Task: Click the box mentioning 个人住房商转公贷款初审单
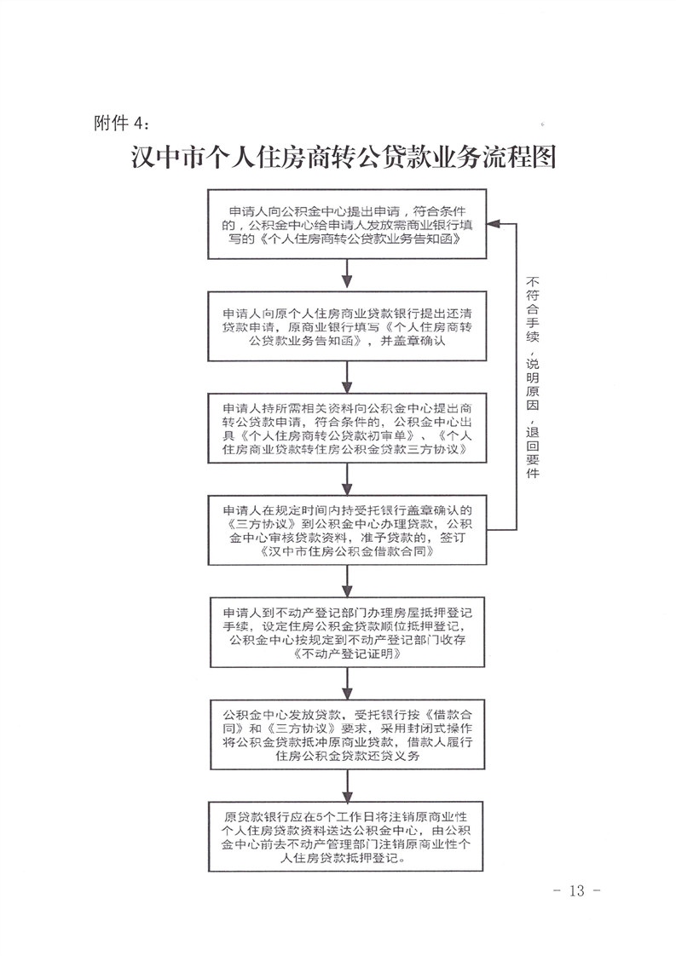coord(347,427)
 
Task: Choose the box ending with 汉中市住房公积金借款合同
coord(347,528)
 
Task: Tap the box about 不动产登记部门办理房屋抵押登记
coord(347,631)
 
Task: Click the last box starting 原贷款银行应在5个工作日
coord(347,837)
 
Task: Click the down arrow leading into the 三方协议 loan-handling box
coord(347,480)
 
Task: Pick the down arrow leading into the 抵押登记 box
coord(347,583)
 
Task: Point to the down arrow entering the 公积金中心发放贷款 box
coord(347,686)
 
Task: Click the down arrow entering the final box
coord(347,788)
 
